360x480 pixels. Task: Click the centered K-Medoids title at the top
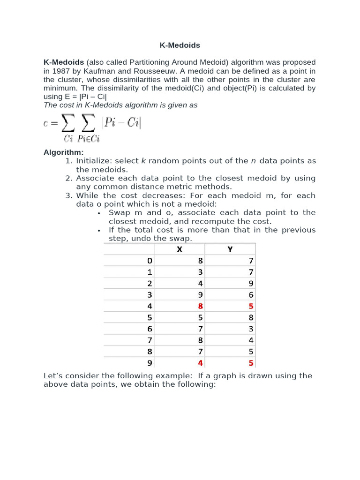pyautogui.click(x=180, y=45)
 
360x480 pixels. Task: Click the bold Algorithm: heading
pyautogui.click(x=63, y=152)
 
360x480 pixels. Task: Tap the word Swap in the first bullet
pyautogui.click(x=119, y=212)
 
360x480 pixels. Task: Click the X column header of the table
pyautogui.click(x=180, y=249)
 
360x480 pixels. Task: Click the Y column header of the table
pyautogui.click(x=230, y=249)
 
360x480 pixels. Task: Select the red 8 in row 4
pyautogui.click(x=200, y=306)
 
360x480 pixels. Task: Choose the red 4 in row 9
pyautogui.click(x=200, y=363)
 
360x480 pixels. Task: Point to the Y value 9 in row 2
pyautogui.click(x=251, y=284)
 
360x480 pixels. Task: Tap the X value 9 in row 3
pyautogui.click(x=200, y=295)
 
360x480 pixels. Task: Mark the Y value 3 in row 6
pyautogui.click(x=251, y=329)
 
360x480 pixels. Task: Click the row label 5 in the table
pyautogui.click(x=150, y=318)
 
